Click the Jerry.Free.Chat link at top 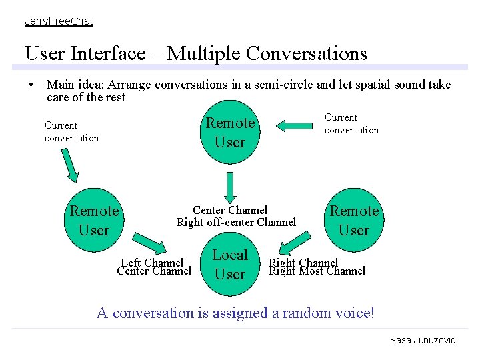59,21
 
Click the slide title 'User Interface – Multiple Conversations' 195,53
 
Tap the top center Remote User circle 230,133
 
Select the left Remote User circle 94,221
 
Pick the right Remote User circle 354,221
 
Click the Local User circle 230,265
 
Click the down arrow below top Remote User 230,187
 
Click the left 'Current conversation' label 71,132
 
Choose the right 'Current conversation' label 351,124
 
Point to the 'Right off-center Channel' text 236,223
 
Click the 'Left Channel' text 153,263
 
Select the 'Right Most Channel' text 317,271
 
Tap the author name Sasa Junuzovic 422,340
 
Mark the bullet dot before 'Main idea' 31,85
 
